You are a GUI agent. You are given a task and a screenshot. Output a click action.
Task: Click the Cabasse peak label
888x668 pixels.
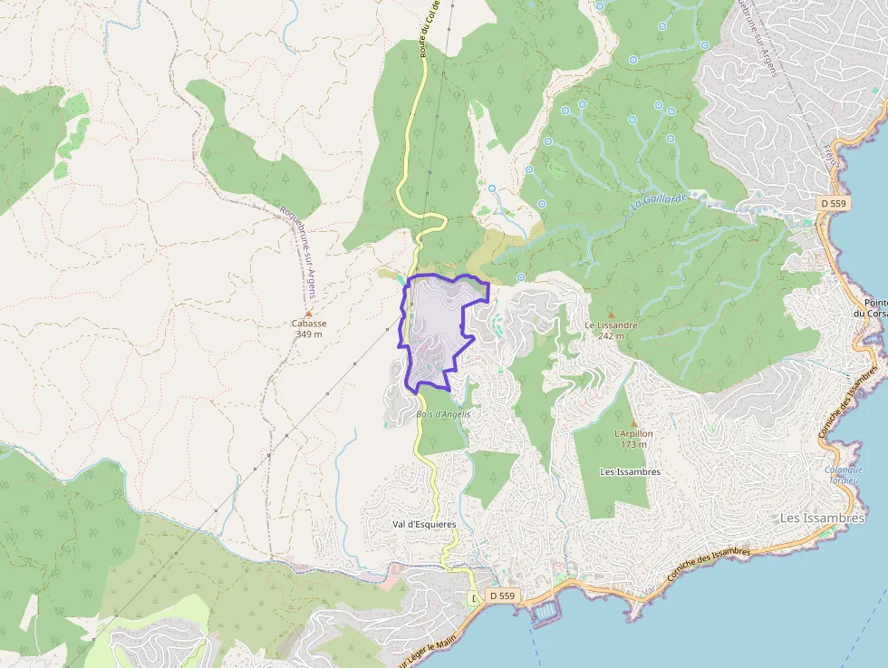coord(309,324)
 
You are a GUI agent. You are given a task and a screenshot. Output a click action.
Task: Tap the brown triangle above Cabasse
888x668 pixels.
coord(309,314)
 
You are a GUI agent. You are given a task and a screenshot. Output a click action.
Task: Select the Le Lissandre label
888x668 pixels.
coord(611,324)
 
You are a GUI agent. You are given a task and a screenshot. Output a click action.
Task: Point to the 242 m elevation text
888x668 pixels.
coord(611,335)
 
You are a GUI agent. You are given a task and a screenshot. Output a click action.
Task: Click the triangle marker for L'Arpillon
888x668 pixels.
coord(633,423)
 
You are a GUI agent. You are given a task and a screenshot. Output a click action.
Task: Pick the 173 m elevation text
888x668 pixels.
coord(633,444)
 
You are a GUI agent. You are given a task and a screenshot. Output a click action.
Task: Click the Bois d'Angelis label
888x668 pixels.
coord(444,413)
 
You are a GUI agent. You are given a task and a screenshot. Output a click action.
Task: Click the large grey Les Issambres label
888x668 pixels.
coord(823,518)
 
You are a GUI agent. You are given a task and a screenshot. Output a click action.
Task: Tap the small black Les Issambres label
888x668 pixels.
coord(631,472)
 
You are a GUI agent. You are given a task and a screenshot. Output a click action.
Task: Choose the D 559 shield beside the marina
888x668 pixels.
coord(502,595)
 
